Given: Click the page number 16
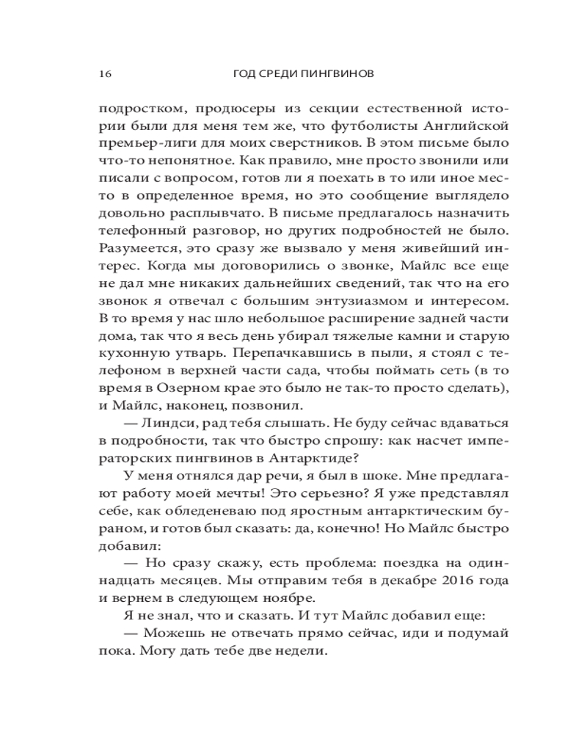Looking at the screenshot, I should point(103,74).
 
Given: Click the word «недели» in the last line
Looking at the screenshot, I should point(302,650).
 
